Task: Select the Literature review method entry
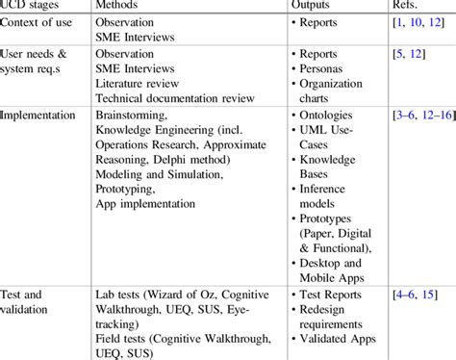tap(143, 82)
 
